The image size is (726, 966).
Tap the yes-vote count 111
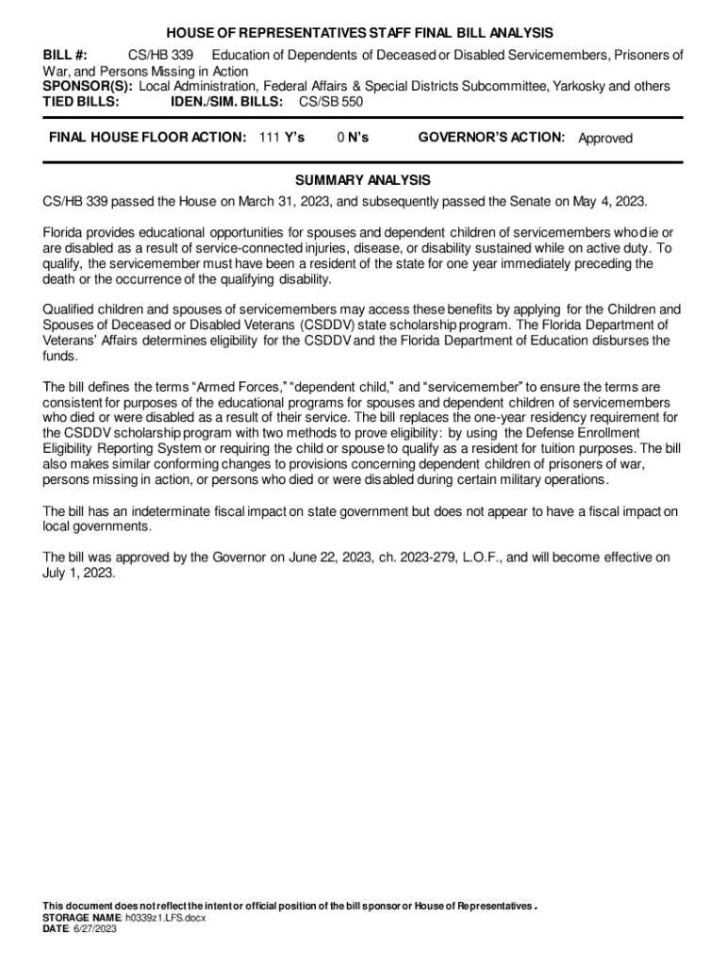click(x=269, y=138)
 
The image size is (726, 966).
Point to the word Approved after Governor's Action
click(x=605, y=139)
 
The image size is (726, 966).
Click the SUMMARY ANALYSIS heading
click(x=363, y=180)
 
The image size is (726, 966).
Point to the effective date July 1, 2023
click(x=79, y=573)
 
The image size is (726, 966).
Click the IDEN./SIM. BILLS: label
click(x=226, y=101)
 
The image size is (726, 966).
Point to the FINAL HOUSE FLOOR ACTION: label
click(x=148, y=138)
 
